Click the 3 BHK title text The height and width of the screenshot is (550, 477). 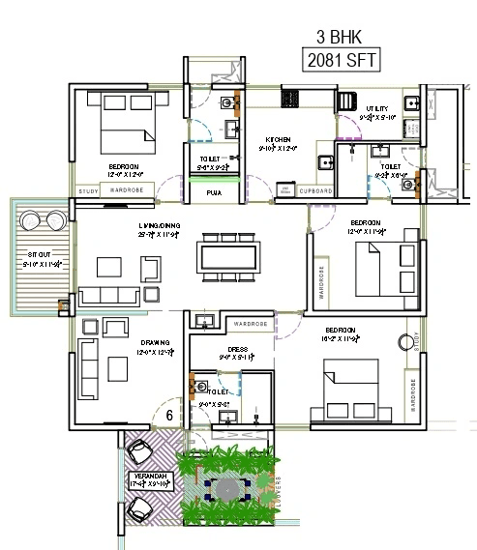tap(340, 38)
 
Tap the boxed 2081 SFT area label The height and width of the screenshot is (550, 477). tap(340, 61)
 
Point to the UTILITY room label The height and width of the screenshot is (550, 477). tap(377, 109)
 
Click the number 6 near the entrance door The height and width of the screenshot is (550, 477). tap(169, 415)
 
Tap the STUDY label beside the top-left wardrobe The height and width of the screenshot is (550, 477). tap(88, 191)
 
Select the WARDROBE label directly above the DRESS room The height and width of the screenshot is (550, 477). tap(251, 322)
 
